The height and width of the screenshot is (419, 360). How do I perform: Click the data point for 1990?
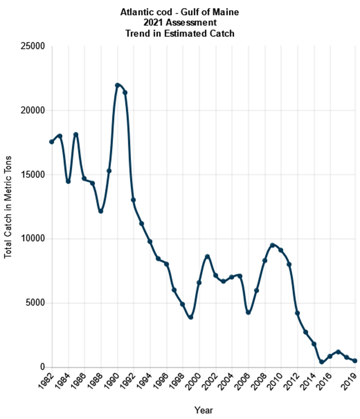[117, 85]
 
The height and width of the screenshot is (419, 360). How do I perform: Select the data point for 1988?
[101, 211]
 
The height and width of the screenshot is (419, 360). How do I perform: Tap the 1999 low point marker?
[191, 317]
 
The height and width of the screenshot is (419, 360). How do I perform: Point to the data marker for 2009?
[273, 245]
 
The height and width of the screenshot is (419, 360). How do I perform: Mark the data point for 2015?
[322, 362]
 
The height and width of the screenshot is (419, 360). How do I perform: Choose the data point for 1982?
[51, 142]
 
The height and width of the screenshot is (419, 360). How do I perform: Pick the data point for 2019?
[355, 361]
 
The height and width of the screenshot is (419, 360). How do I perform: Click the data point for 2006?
[248, 312]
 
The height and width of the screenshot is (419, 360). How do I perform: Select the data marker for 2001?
[207, 256]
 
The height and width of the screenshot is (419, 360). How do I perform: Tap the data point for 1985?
[76, 134]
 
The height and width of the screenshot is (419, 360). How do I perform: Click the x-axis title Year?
[203, 410]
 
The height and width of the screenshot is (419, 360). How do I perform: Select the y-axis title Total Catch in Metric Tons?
[8, 207]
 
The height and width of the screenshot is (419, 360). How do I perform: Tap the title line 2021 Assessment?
[180, 22]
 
